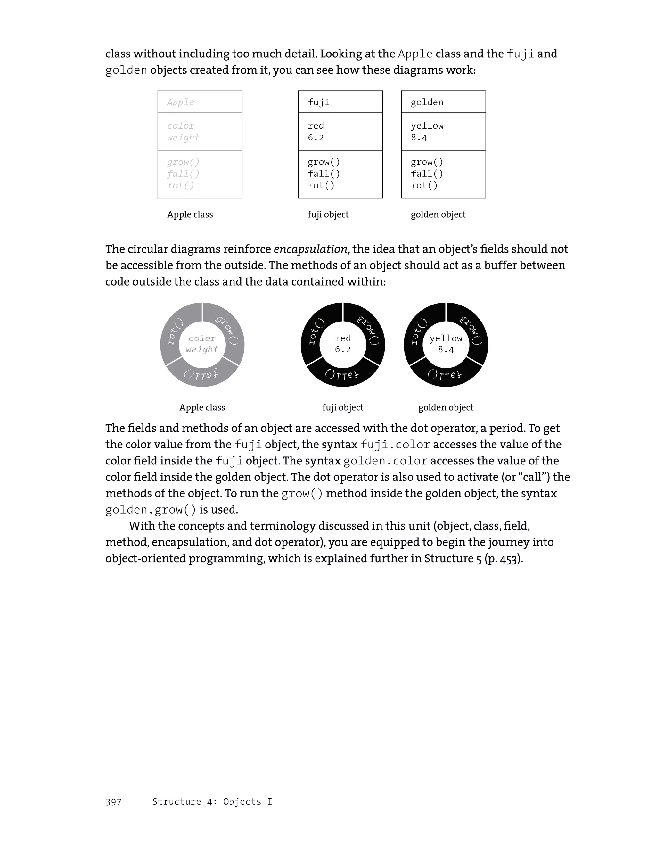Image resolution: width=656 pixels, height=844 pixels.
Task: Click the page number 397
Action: point(113,802)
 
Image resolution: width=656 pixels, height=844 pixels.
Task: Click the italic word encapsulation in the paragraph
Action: point(310,249)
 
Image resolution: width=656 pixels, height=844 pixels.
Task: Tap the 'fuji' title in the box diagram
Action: point(318,102)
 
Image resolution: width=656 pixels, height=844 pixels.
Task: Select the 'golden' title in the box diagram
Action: point(427,102)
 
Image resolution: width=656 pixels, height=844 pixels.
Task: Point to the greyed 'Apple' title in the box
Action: point(180,102)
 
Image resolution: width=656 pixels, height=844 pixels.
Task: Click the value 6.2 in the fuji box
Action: point(316,138)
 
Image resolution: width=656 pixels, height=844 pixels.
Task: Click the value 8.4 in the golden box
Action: point(419,138)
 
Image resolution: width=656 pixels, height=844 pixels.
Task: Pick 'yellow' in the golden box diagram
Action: point(427,126)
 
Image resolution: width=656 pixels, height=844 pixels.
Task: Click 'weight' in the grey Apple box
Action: point(183,138)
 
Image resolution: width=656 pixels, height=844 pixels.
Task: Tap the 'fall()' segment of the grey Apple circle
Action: point(201,374)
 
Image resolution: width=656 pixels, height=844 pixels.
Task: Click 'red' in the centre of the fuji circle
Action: point(342,338)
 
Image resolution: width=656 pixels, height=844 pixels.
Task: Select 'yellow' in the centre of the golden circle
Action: point(446,338)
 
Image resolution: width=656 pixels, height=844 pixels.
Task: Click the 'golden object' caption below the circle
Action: point(446,407)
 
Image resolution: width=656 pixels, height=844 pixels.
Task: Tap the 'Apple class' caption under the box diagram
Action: point(190,214)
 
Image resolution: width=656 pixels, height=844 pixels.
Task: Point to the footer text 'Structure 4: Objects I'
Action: point(212,801)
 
